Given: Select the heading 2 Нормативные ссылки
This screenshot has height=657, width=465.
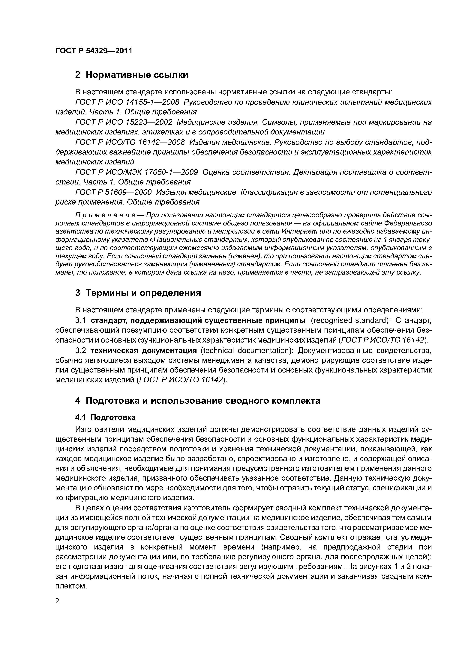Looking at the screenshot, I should (132, 75).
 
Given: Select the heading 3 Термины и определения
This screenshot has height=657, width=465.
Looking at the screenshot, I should (138, 293).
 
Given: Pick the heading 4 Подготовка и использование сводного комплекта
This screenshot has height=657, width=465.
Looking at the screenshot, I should (198, 401).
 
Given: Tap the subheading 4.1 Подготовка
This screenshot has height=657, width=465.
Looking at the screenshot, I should (105, 417).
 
